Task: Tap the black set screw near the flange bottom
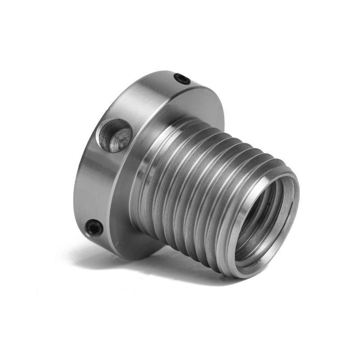pyautogui.click(x=94, y=228)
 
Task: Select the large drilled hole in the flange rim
pyautogui.click(x=115, y=135)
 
